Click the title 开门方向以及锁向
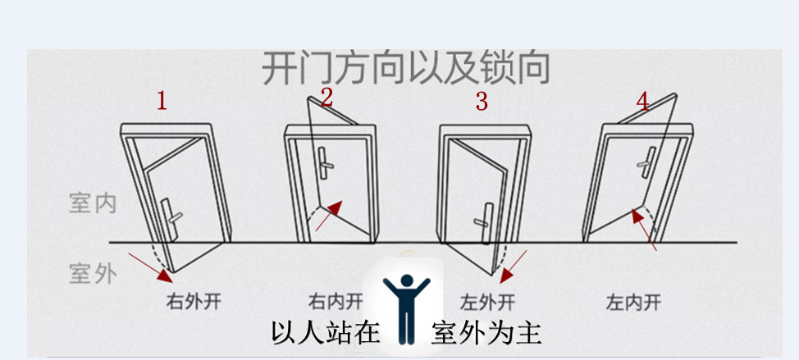pyautogui.click(x=404, y=69)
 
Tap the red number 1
pyautogui.click(x=162, y=102)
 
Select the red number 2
pyautogui.click(x=326, y=98)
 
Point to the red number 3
pyautogui.click(x=482, y=102)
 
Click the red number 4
pyautogui.click(x=641, y=102)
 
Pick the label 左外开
pyautogui.click(x=488, y=301)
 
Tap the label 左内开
pyautogui.click(x=633, y=301)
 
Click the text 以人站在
pyautogui.click(x=326, y=332)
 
